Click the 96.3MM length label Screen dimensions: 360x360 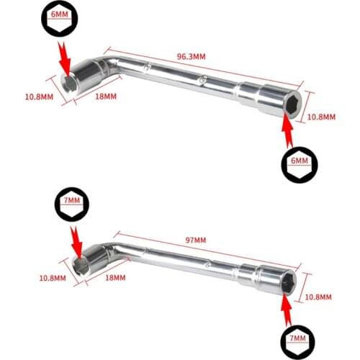(192, 56)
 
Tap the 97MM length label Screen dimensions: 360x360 (196, 240)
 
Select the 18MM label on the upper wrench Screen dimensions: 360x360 (106, 96)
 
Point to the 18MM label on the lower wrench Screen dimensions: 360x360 (115, 278)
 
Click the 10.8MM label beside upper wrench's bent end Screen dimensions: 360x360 (39, 97)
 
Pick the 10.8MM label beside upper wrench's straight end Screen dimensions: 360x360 (321, 117)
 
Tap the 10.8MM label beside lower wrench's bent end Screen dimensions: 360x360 (53, 278)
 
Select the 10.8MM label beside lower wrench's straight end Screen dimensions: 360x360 (318, 297)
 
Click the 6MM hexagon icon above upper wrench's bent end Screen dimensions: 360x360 (59, 19)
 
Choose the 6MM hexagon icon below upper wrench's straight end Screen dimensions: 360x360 (300, 165)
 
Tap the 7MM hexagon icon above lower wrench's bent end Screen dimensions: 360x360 (72, 204)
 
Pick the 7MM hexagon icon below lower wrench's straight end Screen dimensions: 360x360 (297, 342)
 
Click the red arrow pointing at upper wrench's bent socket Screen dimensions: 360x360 (64, 60)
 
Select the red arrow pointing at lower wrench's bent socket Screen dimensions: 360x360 (76, 243)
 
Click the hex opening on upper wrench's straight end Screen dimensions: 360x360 (293, 104)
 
